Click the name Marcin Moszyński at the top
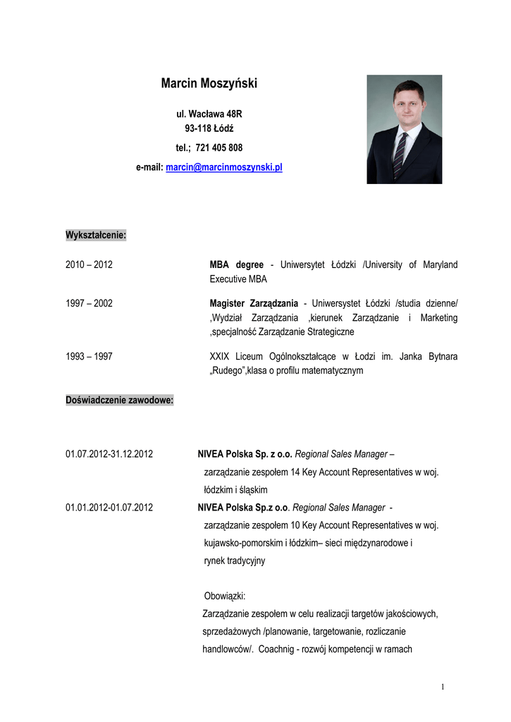209,84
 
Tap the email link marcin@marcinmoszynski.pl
223,168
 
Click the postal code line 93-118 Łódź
209,128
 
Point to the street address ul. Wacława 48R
209,113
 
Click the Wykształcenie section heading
96,234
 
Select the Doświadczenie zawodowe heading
119,400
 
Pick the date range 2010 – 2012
89,265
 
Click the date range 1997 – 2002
89,303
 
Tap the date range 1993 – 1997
89,357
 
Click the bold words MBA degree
236,265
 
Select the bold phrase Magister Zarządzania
254,303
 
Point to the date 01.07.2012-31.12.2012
109,454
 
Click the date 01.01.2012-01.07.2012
109,507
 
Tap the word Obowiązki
224,596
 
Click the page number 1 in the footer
442,687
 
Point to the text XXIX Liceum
238,357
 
